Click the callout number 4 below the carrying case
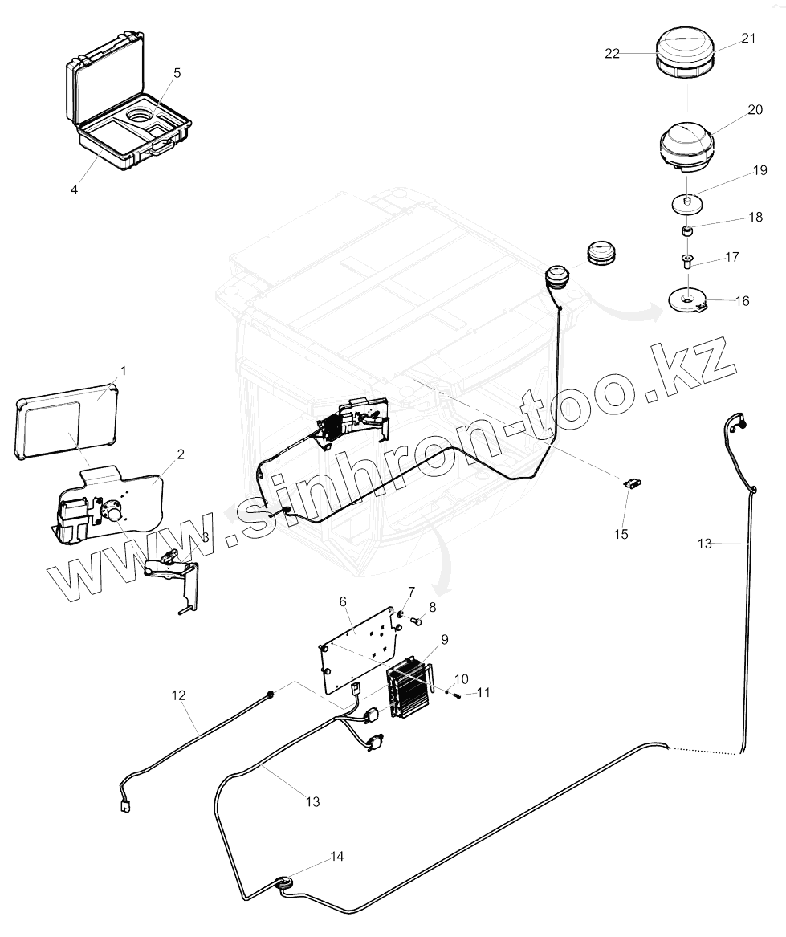pyautogui.click(x=75, y=189)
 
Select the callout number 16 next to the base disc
pyautogui.click(x=742, y=301)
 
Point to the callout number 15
pyautogui.click(x=621, y=534)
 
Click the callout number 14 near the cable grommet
pyautogui.click(x=337, y=857)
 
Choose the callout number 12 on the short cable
pyautogui.click(x=178, y=695)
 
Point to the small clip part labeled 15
pyautogui.click(x=633, y=483)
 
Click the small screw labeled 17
pyautogui.click(x=688, y=259)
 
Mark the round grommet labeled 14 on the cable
pyautogui.click(x=286, y=883)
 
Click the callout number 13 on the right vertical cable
pyautogui.click(x=704, y=544)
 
